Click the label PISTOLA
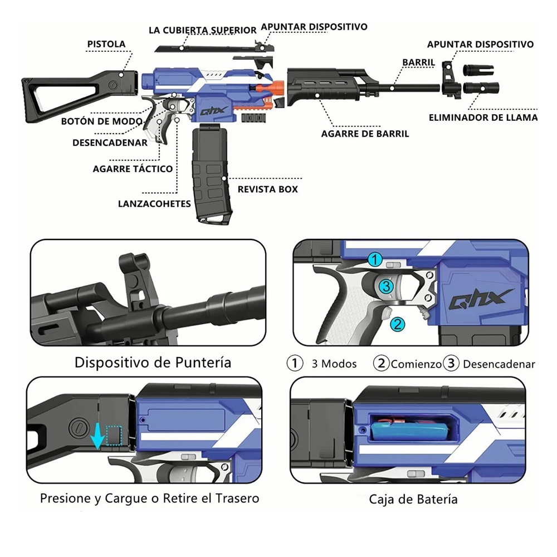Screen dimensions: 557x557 pyautogui.click(x=106, y=44)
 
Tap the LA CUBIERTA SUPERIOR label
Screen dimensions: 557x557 pyautogui.click(x=202, y=30)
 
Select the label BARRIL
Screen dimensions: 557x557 pyautogui.click(x=418, y=62)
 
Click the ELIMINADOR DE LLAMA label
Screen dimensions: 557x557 pyautogui.click(x=483, y=117)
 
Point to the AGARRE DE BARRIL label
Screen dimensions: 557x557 pyautogui.click(x=365, y=134)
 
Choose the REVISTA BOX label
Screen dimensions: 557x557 pyautogui.click(x=267, y=189)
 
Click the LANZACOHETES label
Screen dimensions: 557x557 pyautogui.click(x=154, y=204)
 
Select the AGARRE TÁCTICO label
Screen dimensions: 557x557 pyautogui.click(x=133, y=168)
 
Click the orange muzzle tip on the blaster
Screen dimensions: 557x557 pyautogui.click(x=277, y=88)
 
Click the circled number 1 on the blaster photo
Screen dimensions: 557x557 pyautogui.click(x=375, y=260)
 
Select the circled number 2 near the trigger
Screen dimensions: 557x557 pyautogui.click(x=397, y=324)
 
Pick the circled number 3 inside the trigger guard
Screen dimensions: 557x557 pyautogui.click(x=388, y=286)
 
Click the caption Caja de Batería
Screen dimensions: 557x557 pyautogui.click(x=413, y=499)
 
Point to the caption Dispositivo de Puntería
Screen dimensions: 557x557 pyautogui.click(x=153, y=363)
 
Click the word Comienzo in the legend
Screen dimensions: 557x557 pyautogui.click(x=416, y=364)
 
